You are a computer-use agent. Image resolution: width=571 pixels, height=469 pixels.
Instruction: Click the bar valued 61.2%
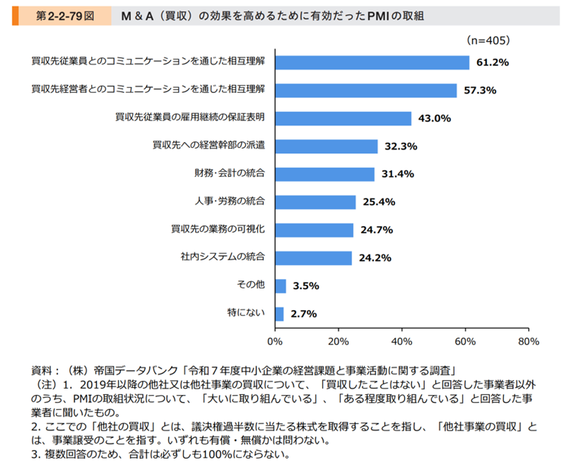point(372,62)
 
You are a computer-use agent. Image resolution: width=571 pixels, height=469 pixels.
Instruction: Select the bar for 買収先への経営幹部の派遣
point(326,146)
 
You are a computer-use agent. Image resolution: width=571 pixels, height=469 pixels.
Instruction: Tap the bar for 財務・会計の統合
point(325,174)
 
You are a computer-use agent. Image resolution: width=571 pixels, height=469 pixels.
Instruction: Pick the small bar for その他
point(281,286)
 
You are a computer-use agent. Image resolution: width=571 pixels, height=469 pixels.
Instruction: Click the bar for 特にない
point(280,314)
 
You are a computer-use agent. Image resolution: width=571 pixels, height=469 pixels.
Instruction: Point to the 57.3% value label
point(480,91)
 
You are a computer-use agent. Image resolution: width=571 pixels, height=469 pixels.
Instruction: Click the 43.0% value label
point(435,118)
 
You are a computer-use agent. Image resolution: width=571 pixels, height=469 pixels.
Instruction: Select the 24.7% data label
point(377,230)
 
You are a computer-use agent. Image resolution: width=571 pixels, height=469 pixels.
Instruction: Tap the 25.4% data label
point(379,202)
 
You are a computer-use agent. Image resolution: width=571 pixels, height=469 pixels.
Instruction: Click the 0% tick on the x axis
point(275,342)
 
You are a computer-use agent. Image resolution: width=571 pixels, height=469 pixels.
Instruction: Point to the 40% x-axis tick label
point(402,342)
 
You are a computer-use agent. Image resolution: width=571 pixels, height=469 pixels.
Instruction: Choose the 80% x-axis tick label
point(529,342)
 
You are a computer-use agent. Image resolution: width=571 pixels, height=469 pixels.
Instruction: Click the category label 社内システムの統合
point(222,257)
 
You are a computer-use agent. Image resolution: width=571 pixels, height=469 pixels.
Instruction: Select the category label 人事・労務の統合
point(229,201)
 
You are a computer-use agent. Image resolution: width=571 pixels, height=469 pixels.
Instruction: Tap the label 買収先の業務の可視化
point(218,229)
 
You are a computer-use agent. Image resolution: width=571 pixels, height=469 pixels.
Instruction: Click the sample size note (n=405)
point(488,40)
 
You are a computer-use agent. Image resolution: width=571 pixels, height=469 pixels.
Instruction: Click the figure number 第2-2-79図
point(65,16)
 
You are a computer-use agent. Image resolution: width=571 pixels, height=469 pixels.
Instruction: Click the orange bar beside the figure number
point(15,16)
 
